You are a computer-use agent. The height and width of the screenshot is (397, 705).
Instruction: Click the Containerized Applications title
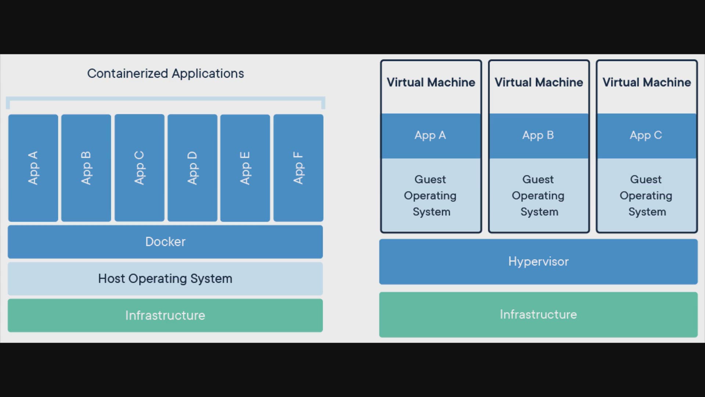(x=166, y=74)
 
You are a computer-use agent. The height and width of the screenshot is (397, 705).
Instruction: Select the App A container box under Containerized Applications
(x=33, y=168)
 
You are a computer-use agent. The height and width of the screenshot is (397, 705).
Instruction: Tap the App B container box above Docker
(x=86, y=168)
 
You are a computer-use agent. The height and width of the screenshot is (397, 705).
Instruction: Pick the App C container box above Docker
(x=140, y=168)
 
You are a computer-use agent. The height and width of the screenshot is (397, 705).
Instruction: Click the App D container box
(x=192, y=168)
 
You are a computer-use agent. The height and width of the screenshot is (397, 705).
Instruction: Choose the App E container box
(x=245, y=168)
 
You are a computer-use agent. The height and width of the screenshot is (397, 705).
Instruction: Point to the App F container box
(x=299, y=168)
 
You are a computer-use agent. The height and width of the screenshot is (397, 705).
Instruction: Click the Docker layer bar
(x=165, y=242)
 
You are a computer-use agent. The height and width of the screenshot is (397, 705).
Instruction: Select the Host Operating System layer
(x=165, y=279)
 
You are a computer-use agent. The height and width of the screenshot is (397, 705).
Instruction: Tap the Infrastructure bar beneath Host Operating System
(x=165, y=315)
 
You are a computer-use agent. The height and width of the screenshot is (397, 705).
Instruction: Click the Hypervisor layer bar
(x=538, y=262)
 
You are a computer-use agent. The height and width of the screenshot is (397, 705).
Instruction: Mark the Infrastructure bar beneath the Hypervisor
(x=538, y=315)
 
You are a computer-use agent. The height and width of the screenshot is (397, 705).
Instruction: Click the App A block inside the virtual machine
(x=431, y=136)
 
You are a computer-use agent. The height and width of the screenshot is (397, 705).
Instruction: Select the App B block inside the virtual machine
(x=539, y=136)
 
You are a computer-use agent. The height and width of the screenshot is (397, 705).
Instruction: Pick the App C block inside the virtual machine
(x=647, y=136)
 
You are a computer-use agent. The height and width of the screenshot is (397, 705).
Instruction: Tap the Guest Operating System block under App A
(x=431, y=195)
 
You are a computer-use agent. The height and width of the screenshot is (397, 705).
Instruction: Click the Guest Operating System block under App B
(x=539, y=195)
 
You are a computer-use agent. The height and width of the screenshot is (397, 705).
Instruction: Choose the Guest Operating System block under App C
(x=647, y=195)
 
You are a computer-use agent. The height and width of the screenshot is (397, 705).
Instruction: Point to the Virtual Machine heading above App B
(x=539, y=82)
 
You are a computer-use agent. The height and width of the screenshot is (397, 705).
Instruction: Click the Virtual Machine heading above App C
(x=647, y=82)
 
